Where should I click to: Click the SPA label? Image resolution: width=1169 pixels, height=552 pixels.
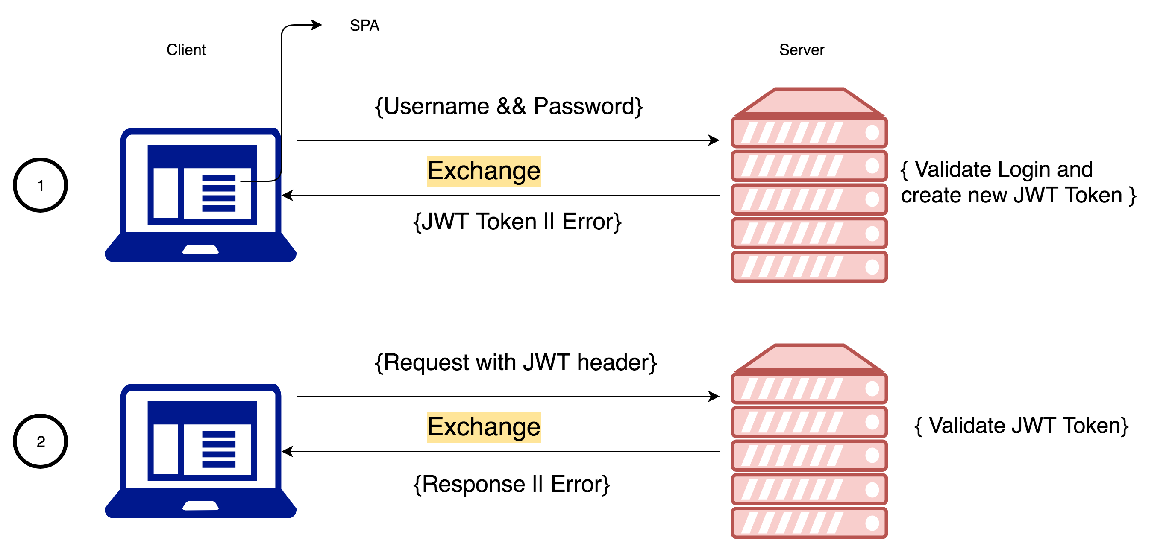(x=364, y=25)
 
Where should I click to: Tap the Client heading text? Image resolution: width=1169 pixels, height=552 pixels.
(x=186, y=50)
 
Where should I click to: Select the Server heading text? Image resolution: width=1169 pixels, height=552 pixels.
(x=802, y=50)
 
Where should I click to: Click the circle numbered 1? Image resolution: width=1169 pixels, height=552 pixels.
(x=41, y=185)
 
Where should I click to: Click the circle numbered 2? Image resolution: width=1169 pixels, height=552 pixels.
(x=41, y=441)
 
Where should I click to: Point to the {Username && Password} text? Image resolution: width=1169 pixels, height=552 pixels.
(x=508, y=107)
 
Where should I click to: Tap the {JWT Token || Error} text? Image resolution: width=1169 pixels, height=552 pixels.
(x=517, y=222)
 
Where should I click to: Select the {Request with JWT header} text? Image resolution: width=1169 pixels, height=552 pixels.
(x=516, y=362)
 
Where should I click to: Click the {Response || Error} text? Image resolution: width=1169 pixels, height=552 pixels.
(x=511, y=484)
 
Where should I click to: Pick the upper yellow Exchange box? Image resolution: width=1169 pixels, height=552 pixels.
(x=484, y=172)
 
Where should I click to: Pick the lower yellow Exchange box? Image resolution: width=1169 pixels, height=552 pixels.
(x=484, y=427)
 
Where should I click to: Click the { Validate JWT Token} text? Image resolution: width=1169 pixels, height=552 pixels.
(x=1021, y=426)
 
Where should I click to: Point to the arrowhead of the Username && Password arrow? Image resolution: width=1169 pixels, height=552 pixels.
(x=714, y=140)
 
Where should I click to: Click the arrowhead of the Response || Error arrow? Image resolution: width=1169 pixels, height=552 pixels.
(x=287, y=451)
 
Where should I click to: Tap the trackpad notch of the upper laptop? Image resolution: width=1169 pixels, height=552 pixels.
(x=200, y=249)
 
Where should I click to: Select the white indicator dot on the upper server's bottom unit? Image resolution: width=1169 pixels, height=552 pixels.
(x=872, y=267)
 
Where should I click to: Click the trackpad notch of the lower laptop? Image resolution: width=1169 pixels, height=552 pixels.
(x=200, y=506)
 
